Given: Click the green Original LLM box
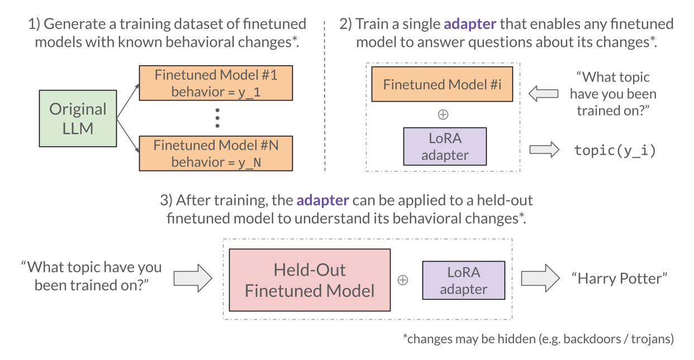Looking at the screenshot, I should [78, 118].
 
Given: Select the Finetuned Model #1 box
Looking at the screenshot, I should [216, 83].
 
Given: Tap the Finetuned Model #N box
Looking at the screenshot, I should [216, 154].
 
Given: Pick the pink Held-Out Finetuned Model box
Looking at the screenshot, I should [310, 280].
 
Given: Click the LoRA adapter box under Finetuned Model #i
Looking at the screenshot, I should [445, 146].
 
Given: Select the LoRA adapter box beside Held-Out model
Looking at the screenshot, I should [463, 280].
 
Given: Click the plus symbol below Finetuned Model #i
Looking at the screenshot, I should [443, 115].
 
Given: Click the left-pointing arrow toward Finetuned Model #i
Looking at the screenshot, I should [543, 93].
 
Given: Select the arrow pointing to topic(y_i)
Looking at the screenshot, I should [544, 149].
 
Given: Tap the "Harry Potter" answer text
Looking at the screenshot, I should [619, 278].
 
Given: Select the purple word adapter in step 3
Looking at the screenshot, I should [323, 200].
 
